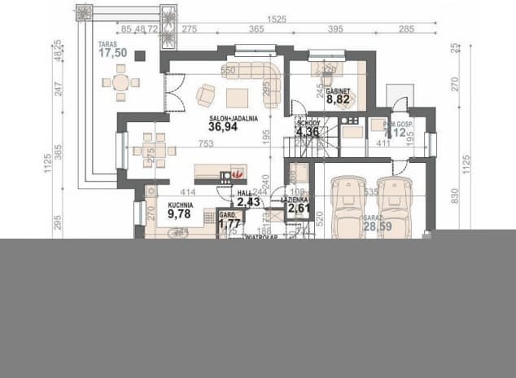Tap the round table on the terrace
coord(120,82)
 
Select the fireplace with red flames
coord(237,174)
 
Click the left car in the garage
coord(348,208)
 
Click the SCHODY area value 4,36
coord(308,132)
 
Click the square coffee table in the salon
coord(237,98)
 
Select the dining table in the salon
coord(149,151)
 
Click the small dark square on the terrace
coord(139,56)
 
